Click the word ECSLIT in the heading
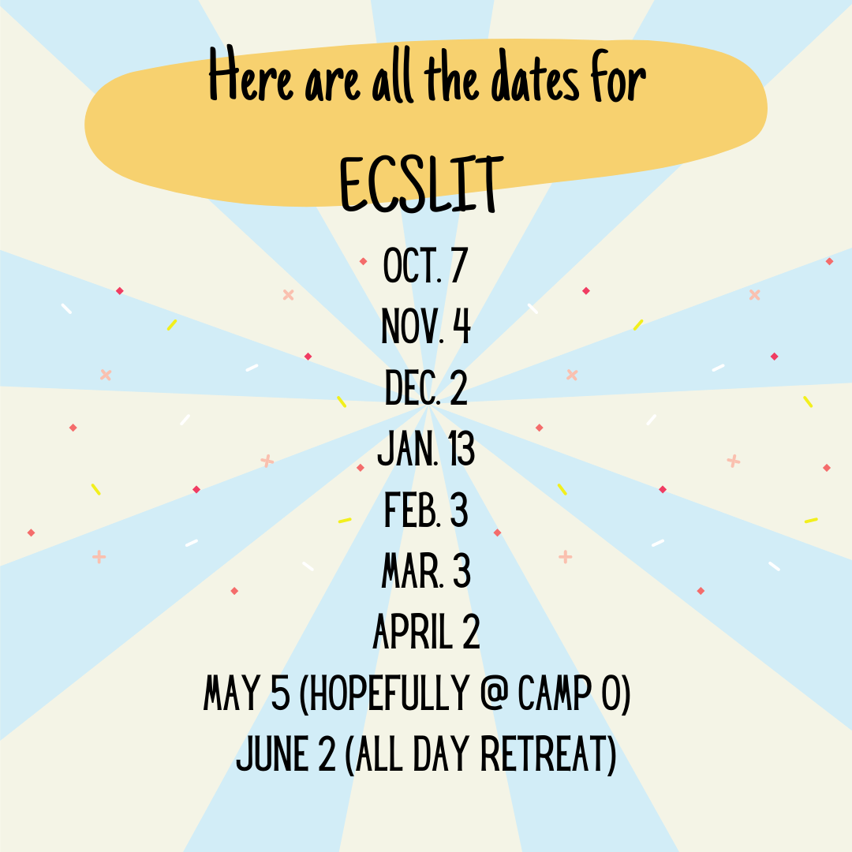point(420,185)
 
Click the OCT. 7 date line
point(425,265)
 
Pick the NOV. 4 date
point(426,326)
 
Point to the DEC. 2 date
point(426,387)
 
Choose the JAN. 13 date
point(426,449)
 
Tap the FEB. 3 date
point(426,510)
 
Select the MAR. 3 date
point(426,571)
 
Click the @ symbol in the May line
point(493,693)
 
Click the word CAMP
point(555,693)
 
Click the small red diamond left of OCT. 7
point(363,261)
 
